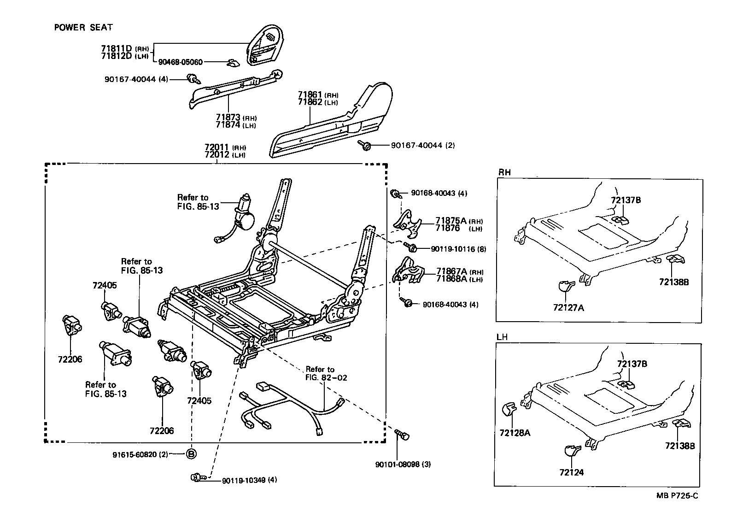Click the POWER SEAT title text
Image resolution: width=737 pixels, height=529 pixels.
(x=83, y=28)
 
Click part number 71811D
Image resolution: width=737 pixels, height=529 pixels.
(x=116, y=48)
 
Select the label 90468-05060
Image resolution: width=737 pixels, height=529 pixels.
(x=180, y=62)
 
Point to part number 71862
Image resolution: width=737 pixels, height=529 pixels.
(x=310, y=102)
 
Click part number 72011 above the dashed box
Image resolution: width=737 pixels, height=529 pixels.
(x=216, y=147)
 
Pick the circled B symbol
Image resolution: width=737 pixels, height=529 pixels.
(x=191, y=454)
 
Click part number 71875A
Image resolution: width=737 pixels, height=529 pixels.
(x=451, y=221)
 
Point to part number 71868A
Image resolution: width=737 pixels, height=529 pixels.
(x=451, y=279)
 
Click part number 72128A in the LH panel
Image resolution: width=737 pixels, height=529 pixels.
(x=515, y=433)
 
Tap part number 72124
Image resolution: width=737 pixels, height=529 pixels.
(x=571, y=472)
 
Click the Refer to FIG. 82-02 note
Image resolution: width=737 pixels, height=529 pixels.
(x=326, y=373)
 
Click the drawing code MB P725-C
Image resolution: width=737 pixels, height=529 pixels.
(x=677, y=496)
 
